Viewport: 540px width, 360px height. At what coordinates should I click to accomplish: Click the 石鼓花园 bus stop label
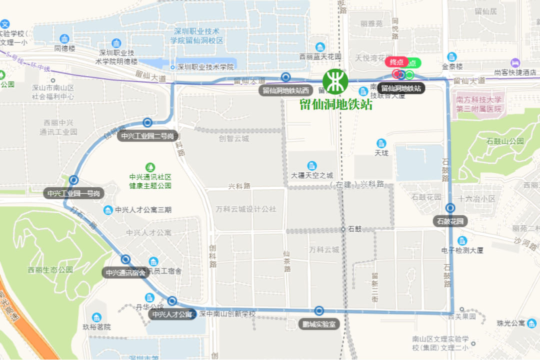click(x=450, y=221)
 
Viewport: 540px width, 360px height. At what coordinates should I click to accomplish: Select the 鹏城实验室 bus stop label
click(x=318, y=324)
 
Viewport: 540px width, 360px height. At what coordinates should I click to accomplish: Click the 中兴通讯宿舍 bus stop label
click(x=125, y=273)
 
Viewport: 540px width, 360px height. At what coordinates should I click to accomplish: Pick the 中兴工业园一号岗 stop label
click(x=74, y=193)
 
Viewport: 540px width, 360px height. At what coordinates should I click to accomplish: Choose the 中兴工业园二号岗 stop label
click(x=147, y=136)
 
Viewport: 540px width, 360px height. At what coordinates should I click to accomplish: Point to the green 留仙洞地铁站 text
click(x=336, y=105)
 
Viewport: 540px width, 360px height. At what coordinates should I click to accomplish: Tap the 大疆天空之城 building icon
click(x=312, y=166)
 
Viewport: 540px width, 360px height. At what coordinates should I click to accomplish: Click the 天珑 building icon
click(x=381, y=143)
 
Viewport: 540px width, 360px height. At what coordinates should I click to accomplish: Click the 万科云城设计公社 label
click(x=245, y=209)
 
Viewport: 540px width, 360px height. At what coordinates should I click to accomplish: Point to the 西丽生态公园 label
click(x=50, y=270)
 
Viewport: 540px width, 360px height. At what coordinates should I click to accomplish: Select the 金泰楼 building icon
click(x=452, y=57)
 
